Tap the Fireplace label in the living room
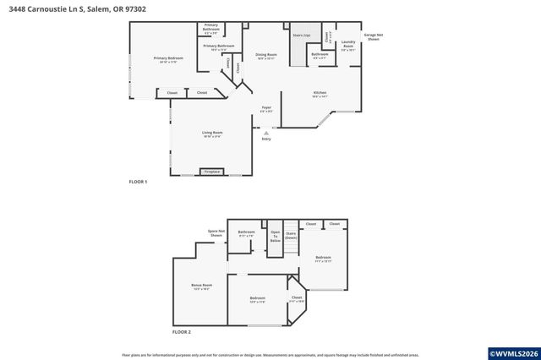212,172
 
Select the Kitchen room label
320,93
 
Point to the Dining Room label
265,55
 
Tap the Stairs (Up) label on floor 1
301,35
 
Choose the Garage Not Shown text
372,37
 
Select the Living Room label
211,134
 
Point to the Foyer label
265,108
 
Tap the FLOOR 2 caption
182,332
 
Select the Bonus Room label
201,286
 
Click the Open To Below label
275,237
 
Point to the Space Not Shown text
216,233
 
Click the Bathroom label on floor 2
246,233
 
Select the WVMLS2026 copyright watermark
511,353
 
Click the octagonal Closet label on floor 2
297,298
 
